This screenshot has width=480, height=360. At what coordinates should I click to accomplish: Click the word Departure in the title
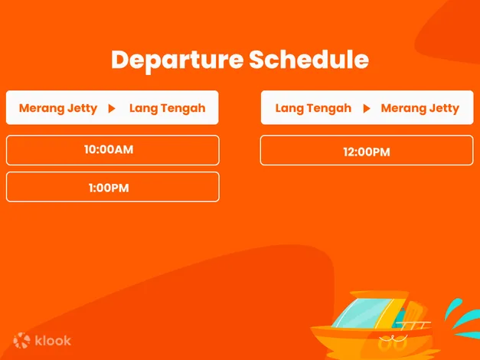(178, 61)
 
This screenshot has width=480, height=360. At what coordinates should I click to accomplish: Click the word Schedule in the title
(309, 59)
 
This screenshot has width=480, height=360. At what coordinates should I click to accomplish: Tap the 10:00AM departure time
(109, 149)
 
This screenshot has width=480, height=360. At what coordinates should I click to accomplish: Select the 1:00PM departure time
(109, 188)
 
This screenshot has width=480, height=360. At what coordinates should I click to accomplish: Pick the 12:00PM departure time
(367, 152)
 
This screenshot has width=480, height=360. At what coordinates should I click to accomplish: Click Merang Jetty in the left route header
(58, 109)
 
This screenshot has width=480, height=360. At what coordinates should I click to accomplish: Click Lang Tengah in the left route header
(168, 109)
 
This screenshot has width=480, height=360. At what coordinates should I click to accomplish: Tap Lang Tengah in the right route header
(313, 109)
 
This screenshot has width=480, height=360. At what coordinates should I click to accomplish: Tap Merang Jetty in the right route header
(420, 109)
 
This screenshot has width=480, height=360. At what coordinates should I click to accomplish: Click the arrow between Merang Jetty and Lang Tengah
(112, 109)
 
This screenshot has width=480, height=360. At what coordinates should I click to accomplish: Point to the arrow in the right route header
(367, 109)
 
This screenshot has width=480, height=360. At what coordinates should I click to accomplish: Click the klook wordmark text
(53, 340)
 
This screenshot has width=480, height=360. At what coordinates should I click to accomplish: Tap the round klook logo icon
(21, 340)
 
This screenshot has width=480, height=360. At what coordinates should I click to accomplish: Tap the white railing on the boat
(414, 326)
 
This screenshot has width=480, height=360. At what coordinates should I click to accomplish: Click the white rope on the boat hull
(393, 339)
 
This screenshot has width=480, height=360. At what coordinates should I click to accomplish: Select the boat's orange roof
(379, 294)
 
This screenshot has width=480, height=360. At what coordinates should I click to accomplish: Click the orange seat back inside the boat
(414, 313)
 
